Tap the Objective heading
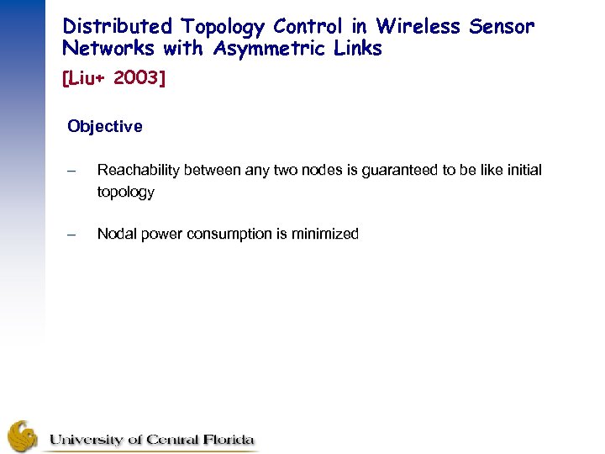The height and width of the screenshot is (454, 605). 105,127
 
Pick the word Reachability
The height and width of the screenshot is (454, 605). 139,171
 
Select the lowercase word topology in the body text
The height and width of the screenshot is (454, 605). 126,192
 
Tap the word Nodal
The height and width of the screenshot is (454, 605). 117,234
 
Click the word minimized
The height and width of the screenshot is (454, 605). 323,234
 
